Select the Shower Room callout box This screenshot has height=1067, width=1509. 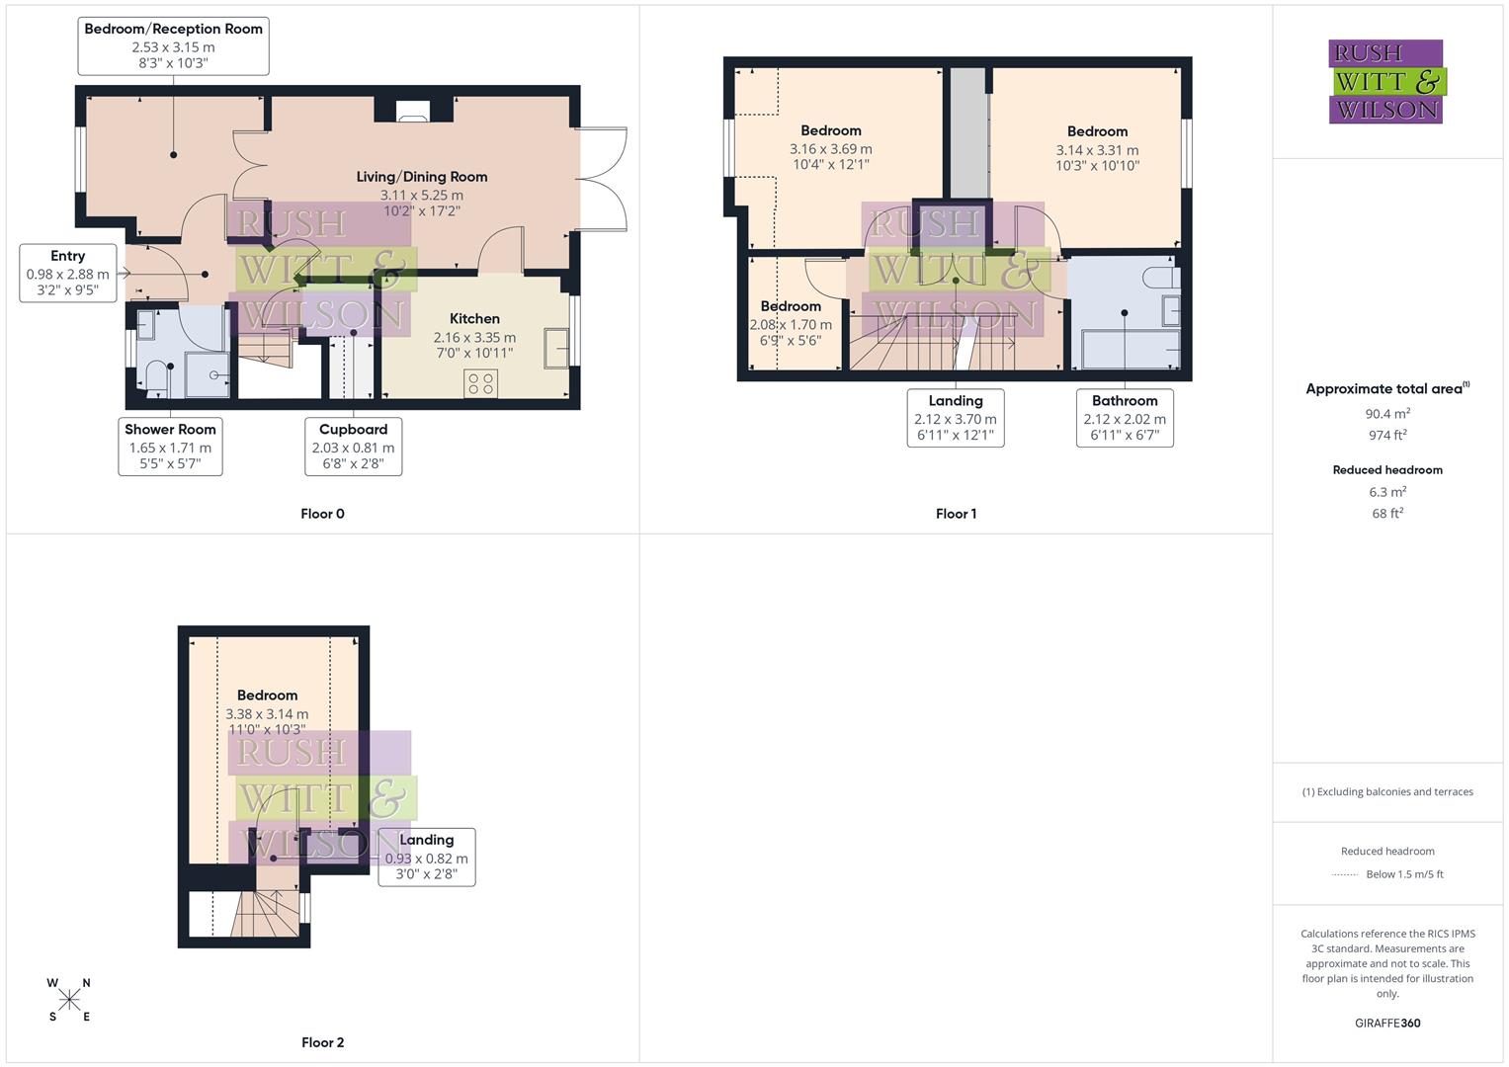tap(170, 447)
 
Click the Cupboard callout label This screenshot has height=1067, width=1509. tap(353, 447)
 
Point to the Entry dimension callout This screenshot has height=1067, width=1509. tap(68, 273)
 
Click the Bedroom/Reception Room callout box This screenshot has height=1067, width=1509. tap(173, 45)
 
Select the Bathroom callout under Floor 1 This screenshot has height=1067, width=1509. tap(1125, 418)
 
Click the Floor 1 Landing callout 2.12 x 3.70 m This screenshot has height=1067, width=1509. tap(956, 418)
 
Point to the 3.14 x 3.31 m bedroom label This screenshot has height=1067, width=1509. tap(1097, 148)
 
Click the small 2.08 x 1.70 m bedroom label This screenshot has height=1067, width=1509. tap(791, 323)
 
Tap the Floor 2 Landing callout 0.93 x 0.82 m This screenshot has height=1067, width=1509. tap(427, 857)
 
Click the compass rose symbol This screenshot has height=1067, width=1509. tap(69, 1000)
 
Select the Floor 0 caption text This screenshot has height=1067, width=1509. tap(322, 514)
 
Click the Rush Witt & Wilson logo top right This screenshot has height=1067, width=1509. tap(1386, 82)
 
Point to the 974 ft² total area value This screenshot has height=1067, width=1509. tap(1387, 436)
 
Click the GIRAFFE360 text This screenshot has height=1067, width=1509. tap(1387, 1024)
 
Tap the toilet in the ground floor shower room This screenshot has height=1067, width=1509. tap(153, 375)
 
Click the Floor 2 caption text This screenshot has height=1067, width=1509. tap(322, 1042)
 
